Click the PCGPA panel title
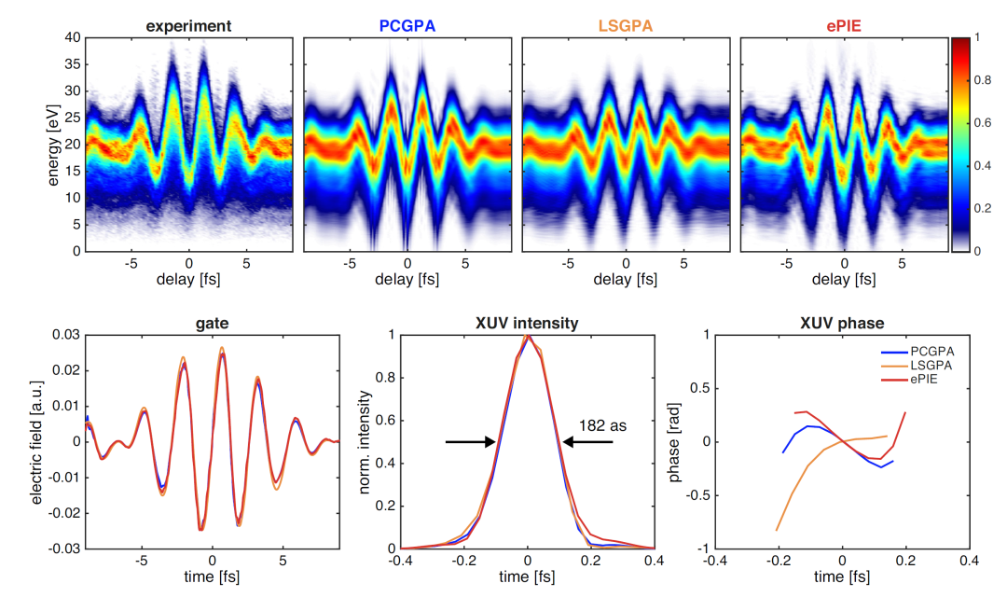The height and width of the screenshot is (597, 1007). pos(407,24)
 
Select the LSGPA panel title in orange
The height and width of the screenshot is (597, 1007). pos(626,24)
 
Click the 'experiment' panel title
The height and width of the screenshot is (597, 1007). pos(189,24)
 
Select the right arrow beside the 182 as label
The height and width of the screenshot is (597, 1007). pos(587,442)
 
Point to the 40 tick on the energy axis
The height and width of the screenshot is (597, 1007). pos(69,38)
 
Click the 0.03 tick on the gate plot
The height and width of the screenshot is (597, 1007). pos(65,335)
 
